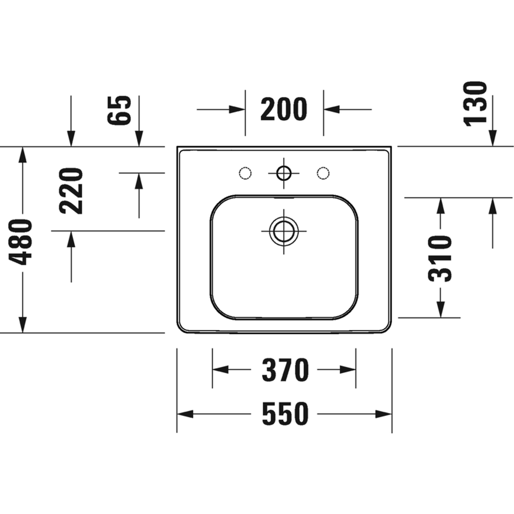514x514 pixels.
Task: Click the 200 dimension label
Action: [284, 109]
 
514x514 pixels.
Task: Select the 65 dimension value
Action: [119, 110]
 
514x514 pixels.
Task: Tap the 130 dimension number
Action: [475, 104]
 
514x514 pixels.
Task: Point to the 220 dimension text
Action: [71, 191]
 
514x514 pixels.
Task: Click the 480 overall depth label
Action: [20, 242]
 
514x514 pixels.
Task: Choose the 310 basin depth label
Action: [440, 258]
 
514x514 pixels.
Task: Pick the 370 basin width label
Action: [285, 370]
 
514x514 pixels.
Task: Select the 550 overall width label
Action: [285, 414]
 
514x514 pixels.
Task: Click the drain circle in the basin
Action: [284, 231]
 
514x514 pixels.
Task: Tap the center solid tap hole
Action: [284, 173]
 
